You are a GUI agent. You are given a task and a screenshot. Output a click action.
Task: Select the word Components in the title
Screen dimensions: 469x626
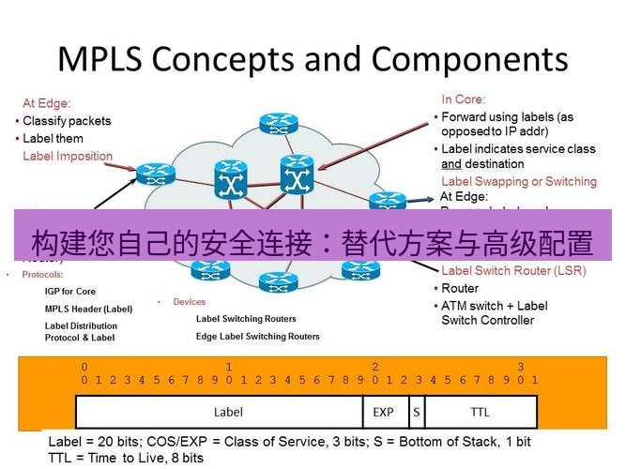[466, 58]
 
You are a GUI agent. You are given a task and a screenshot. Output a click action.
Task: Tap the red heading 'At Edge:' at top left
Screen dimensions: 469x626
[47, 103]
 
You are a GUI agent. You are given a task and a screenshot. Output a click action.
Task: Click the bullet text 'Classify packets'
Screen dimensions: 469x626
[67, 121]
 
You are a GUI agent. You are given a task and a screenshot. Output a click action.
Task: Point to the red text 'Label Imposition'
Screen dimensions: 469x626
[68, 157]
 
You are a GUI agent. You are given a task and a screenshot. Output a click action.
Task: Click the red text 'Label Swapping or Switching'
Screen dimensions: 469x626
[518, 181]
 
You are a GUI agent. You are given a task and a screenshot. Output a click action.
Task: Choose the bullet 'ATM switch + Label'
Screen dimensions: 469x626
[495, 306]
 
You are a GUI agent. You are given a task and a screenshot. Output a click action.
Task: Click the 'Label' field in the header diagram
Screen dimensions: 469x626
[228, 412]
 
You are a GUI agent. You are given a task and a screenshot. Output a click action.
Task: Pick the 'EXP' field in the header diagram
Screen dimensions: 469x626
[383, 412]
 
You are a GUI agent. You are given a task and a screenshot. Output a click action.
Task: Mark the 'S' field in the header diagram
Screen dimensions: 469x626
[415, 412]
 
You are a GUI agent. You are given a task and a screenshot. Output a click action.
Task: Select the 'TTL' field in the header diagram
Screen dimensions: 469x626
[480, 412]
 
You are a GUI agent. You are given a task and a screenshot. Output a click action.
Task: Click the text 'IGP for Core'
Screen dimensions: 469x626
[70, 292]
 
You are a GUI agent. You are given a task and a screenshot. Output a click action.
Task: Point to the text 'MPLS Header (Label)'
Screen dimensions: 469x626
[89, 309]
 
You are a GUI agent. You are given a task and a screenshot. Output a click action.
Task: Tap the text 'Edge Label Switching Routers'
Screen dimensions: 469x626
[257, 336]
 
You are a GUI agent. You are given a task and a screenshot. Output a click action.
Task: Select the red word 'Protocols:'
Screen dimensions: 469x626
[43, 275]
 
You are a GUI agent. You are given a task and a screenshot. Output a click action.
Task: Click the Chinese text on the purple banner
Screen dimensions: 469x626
[313, 243]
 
